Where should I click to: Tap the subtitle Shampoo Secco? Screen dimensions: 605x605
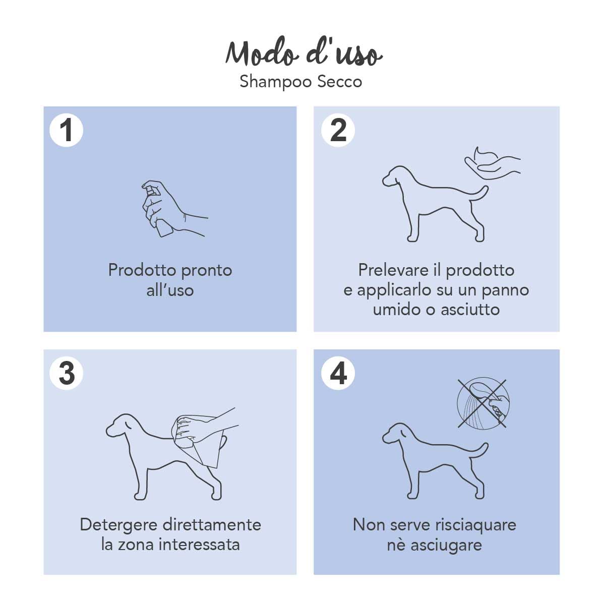click(x=300, y=82)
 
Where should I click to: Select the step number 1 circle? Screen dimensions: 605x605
click(x=67, y=130)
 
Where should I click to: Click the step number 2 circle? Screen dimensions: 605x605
click(x=338, y=130)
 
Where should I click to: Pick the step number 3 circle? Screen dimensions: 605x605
click(x=67, y=374)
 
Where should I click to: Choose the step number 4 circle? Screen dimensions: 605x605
click(x=338, y=374)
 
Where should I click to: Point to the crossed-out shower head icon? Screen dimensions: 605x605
click(x=482, y=403)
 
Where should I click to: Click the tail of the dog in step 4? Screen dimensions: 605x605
click(x=479, y=450)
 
